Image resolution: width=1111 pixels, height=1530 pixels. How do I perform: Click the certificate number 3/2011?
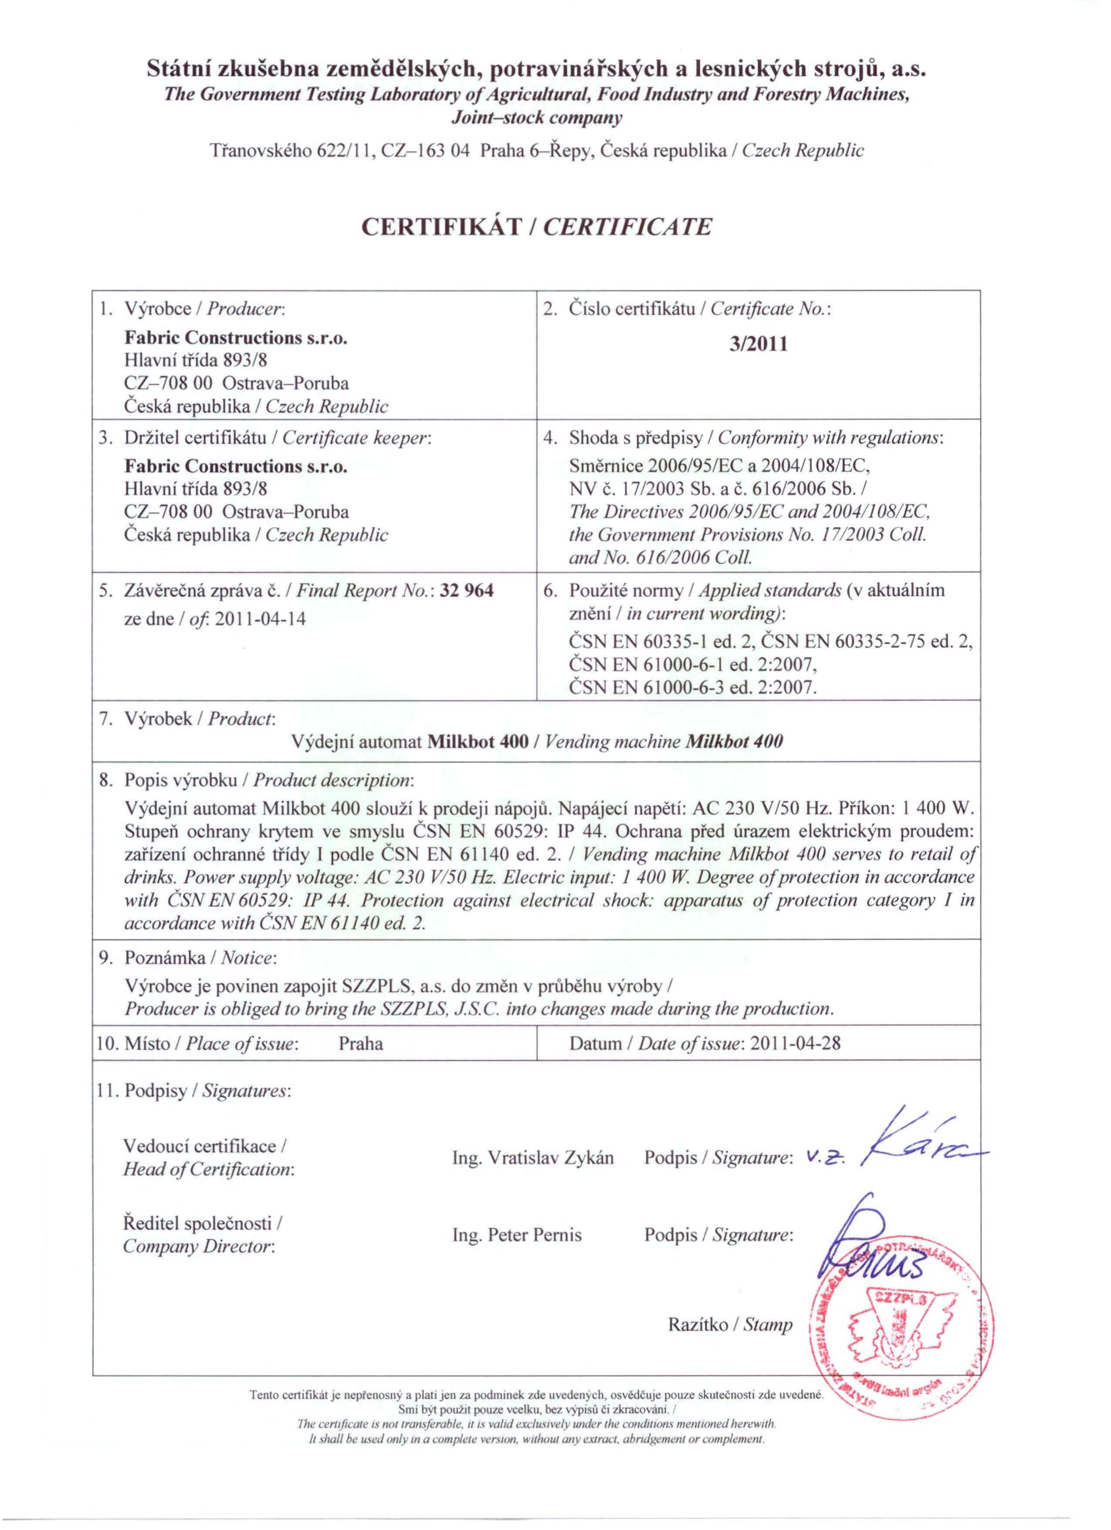coord(759,345)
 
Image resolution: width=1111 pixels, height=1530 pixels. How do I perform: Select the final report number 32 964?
coord(467,591)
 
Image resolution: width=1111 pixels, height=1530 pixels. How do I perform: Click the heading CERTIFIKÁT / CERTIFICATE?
coord(537,227)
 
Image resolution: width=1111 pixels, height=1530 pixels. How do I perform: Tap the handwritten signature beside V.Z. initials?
coord(924,1147)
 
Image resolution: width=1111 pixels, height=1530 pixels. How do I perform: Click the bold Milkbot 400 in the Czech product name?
coord(478,742)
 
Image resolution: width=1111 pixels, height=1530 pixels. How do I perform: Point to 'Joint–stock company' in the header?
coord(537,118)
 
